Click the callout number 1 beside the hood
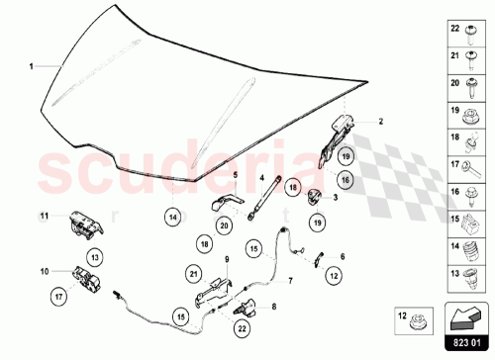31,66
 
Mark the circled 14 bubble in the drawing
172,216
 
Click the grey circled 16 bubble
345,180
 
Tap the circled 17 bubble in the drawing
58,294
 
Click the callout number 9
227,260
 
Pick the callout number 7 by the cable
291,280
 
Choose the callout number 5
236,174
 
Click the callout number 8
273,307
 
